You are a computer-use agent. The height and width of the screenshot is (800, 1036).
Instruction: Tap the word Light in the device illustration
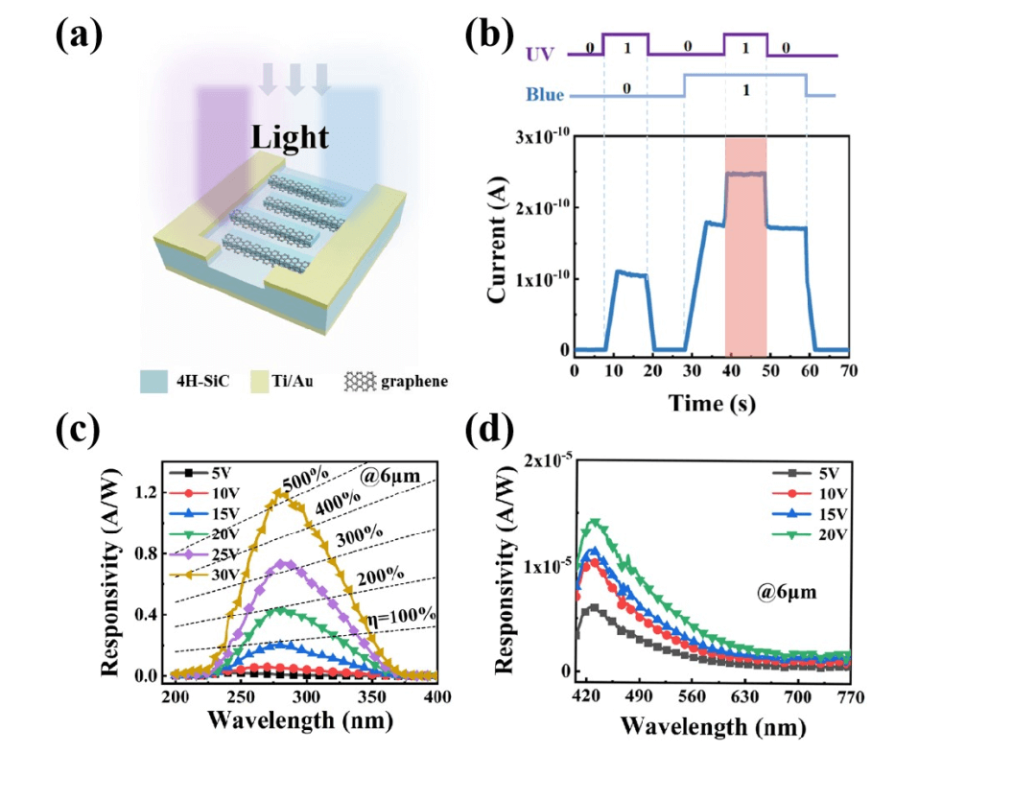[290, 137]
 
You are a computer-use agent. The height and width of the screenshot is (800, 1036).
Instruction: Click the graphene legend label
[415, 381]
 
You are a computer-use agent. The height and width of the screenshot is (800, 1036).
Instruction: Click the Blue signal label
[544, 95]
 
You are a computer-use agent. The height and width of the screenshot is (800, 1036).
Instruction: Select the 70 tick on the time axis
[847, 369]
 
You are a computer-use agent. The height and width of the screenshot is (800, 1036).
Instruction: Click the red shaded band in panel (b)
[745, 245]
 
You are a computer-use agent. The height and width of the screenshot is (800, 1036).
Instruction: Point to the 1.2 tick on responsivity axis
[149, 492]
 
